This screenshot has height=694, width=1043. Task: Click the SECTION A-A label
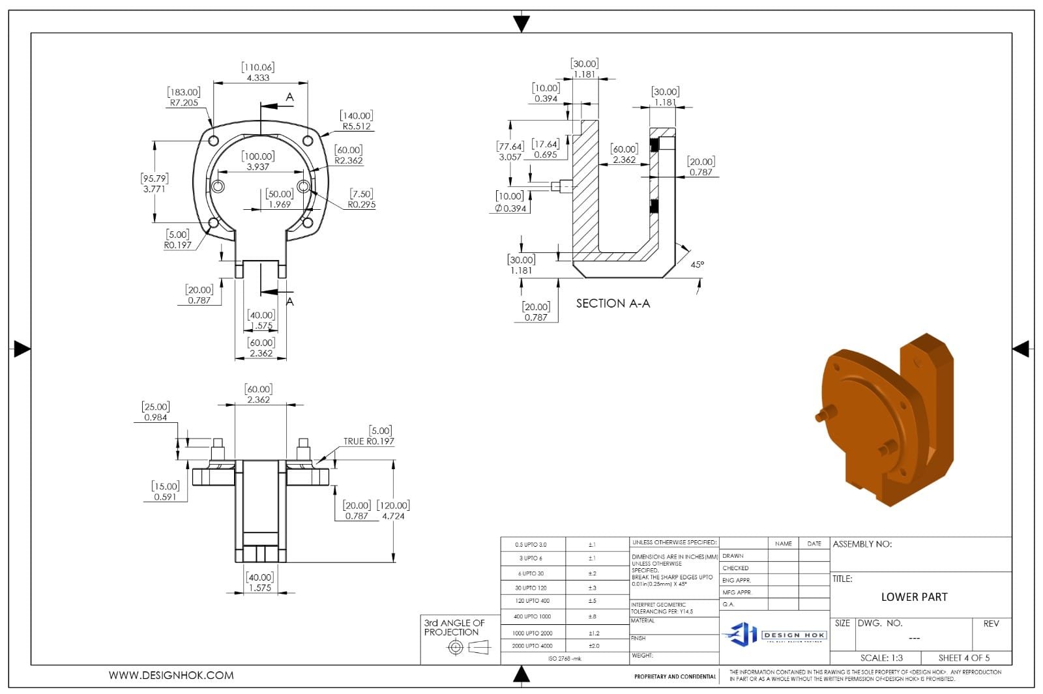pos(613,304)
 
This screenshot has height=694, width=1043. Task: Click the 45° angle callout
pos(697,265)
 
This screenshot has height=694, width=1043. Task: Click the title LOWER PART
pos(914,597)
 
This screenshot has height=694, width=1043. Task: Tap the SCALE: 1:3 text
pos(881,658)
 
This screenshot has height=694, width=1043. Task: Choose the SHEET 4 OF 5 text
pos(963,658)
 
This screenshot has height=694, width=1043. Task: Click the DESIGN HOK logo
pos(774,634)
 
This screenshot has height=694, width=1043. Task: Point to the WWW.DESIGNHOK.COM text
pos(171,676)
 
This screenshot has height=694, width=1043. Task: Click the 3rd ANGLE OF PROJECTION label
pos(454,628)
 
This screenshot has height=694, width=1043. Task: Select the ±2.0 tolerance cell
pos(593,646)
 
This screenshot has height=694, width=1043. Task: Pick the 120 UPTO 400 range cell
pos(532,601)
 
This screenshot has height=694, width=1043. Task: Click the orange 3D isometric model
pos(887,420)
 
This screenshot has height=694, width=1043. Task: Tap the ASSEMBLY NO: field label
pos(862,544)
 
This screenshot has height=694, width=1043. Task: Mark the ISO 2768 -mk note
pos(565,659)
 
